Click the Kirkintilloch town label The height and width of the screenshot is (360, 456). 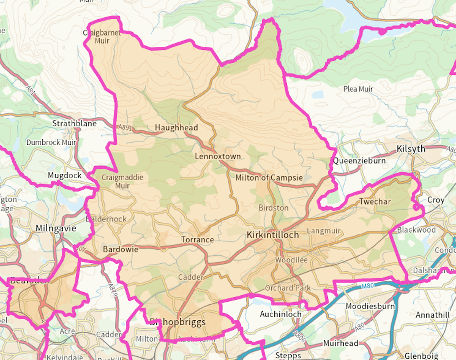tap(273, 234)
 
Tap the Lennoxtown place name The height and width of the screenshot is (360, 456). tap(218, 156)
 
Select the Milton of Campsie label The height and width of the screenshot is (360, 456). tap(269, 178)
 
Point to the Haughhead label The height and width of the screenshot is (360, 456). tap(176, 128)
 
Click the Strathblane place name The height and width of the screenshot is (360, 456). tap(74, 123)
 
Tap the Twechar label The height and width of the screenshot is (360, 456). tap(375, 201)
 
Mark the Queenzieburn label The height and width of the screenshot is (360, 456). tap(359, 160)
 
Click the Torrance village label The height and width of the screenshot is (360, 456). tap(197, 240)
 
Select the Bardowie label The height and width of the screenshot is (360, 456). tap(120, 250)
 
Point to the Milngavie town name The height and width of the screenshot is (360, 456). tap(56, 229)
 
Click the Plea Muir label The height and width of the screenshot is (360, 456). tap(358, 89)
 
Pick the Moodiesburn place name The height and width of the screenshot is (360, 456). tap(370, 307)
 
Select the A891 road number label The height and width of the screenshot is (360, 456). tap(125, 127)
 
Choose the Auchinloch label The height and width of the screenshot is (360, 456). tap(281, 315)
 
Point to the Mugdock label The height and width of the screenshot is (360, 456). tap(65, 176)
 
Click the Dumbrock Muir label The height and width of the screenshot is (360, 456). tap(51, 143)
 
